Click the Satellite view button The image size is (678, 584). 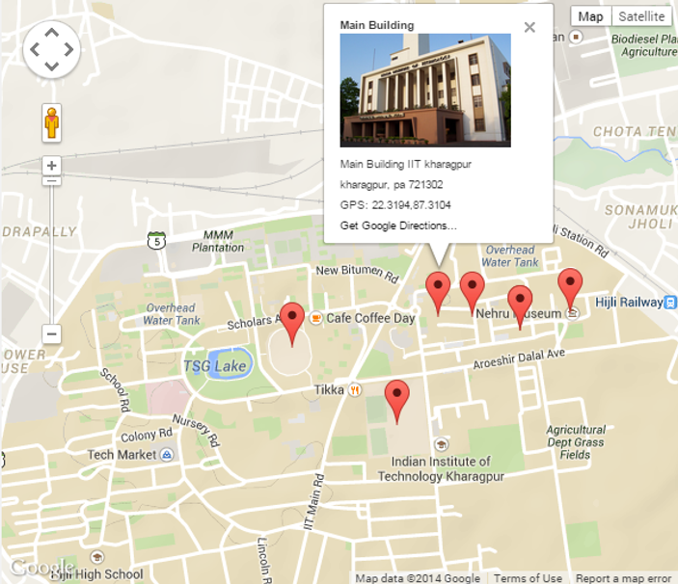tap(641, 16)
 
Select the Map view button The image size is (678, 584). tap(590, 16)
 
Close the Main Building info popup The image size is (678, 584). tap(529, 27)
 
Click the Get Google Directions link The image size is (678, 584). tap(398, 226)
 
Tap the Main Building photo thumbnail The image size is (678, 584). tap(425, 90)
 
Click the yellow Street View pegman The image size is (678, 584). tap(52, 123)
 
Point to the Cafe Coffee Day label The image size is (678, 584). tap(370, 318)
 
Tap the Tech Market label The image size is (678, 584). tap(122, 454)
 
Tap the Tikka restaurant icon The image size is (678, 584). tap(355, 389)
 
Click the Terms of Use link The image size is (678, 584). tap(528, 578)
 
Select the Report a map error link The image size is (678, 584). tap(623, 578)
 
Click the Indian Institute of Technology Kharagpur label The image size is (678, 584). tap(441, 468)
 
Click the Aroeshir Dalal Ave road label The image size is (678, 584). tap(517, 359)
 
